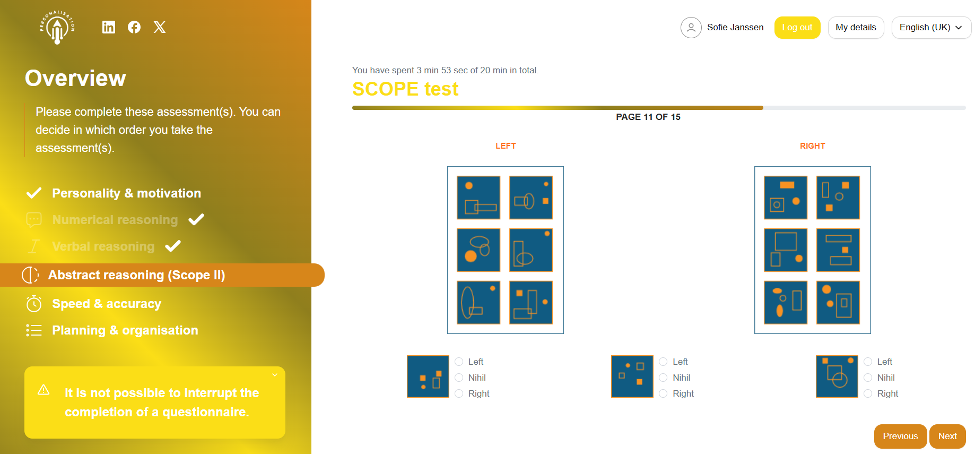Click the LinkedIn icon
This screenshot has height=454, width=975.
(x=109, y=27)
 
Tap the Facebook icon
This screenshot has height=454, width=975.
(x=134, y=27)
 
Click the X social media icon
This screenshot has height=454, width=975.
(x=160, y=27)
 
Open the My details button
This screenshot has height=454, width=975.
(x=856, y=28)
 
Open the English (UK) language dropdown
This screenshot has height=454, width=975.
(x=931, y=28)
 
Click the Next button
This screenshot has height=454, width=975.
(x=947, y=436)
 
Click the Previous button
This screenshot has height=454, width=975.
(x=900, y=436)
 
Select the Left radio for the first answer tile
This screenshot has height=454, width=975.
(x=459, y=362)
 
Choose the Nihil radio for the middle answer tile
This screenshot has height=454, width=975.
(x=663, y=378)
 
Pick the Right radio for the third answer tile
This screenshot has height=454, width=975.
(x=868, y=393)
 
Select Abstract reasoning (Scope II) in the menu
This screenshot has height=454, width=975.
(x=136, y=275)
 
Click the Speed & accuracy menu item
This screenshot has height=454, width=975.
(x=107, y=304)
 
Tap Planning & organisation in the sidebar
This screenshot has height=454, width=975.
(x=125, y=330)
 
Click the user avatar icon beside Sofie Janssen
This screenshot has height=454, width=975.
(x=691, y=28)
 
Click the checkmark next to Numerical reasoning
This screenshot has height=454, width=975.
(x=196, y=219)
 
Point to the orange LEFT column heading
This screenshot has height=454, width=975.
(x=506, y=146)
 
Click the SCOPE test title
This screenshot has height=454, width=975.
(x=405, y=89)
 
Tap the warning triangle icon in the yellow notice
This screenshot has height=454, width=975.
(x=43, y=390)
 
